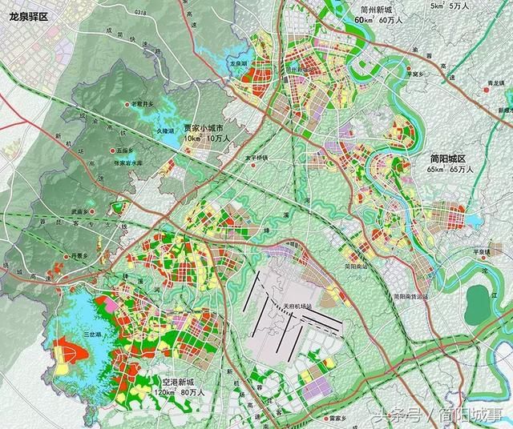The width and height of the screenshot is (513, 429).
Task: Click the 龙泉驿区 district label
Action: point(25,15)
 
